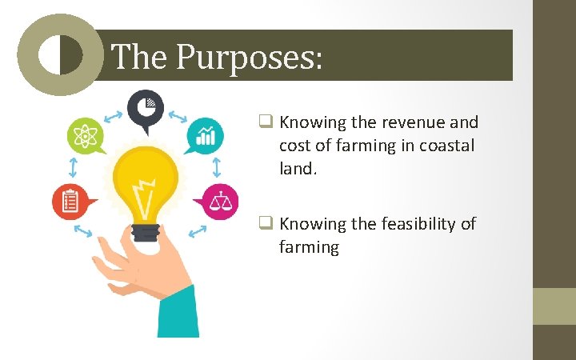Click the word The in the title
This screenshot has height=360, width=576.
click(140, 57)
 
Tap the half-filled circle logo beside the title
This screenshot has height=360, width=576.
click(60, 54)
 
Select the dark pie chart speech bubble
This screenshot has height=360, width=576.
click(146, 108)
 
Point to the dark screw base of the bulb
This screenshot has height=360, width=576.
click(145, 232)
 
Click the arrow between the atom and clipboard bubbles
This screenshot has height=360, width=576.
click(73, 167)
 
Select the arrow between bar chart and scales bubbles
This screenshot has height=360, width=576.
click(217, 167)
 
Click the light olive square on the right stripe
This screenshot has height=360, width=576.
click(554, 306)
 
